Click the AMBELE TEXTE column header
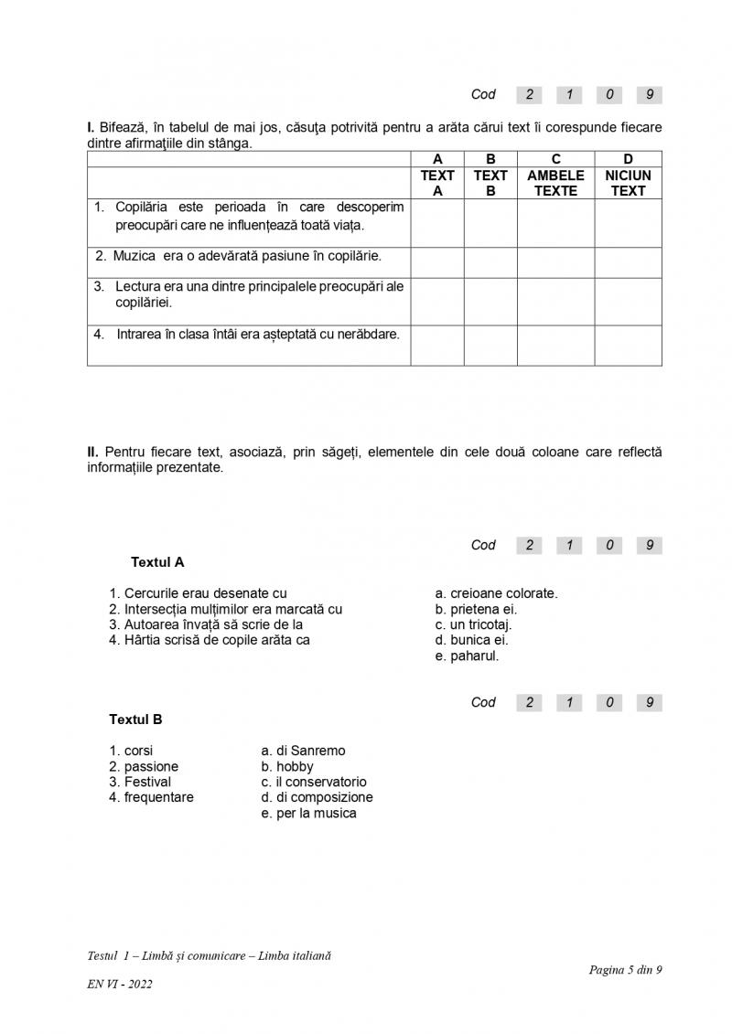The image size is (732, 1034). coord(555,183)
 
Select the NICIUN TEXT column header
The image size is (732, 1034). coord(628,183)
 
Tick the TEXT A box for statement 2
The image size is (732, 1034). coord(437,262)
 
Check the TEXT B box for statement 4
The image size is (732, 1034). coord(490,346)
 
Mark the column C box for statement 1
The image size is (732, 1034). coord(555,223)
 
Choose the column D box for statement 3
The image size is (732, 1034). coord(628,302)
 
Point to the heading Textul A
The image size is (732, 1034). coord(157,562)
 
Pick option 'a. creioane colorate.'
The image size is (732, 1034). coord(496,593)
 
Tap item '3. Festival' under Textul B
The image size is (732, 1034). coord(140,782)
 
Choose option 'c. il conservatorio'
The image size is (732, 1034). coord(314,782)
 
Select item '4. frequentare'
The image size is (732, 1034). coord(151,797)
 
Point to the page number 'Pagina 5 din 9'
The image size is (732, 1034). coord(625,970)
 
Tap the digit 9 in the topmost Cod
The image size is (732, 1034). coord(649,94)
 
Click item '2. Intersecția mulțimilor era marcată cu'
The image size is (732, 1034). coord(226,609)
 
